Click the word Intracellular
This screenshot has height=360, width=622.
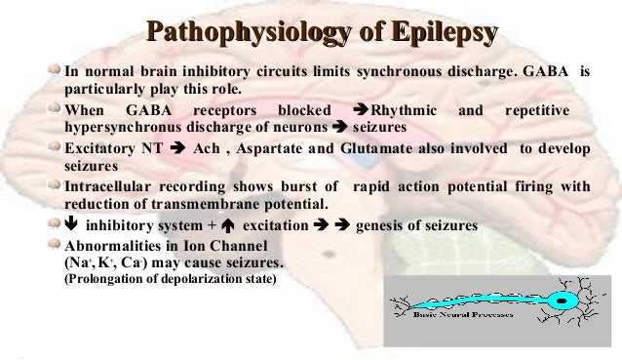[113, 186]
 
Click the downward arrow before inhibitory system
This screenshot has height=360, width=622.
[70, 224]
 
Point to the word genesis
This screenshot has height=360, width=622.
[384, 225]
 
